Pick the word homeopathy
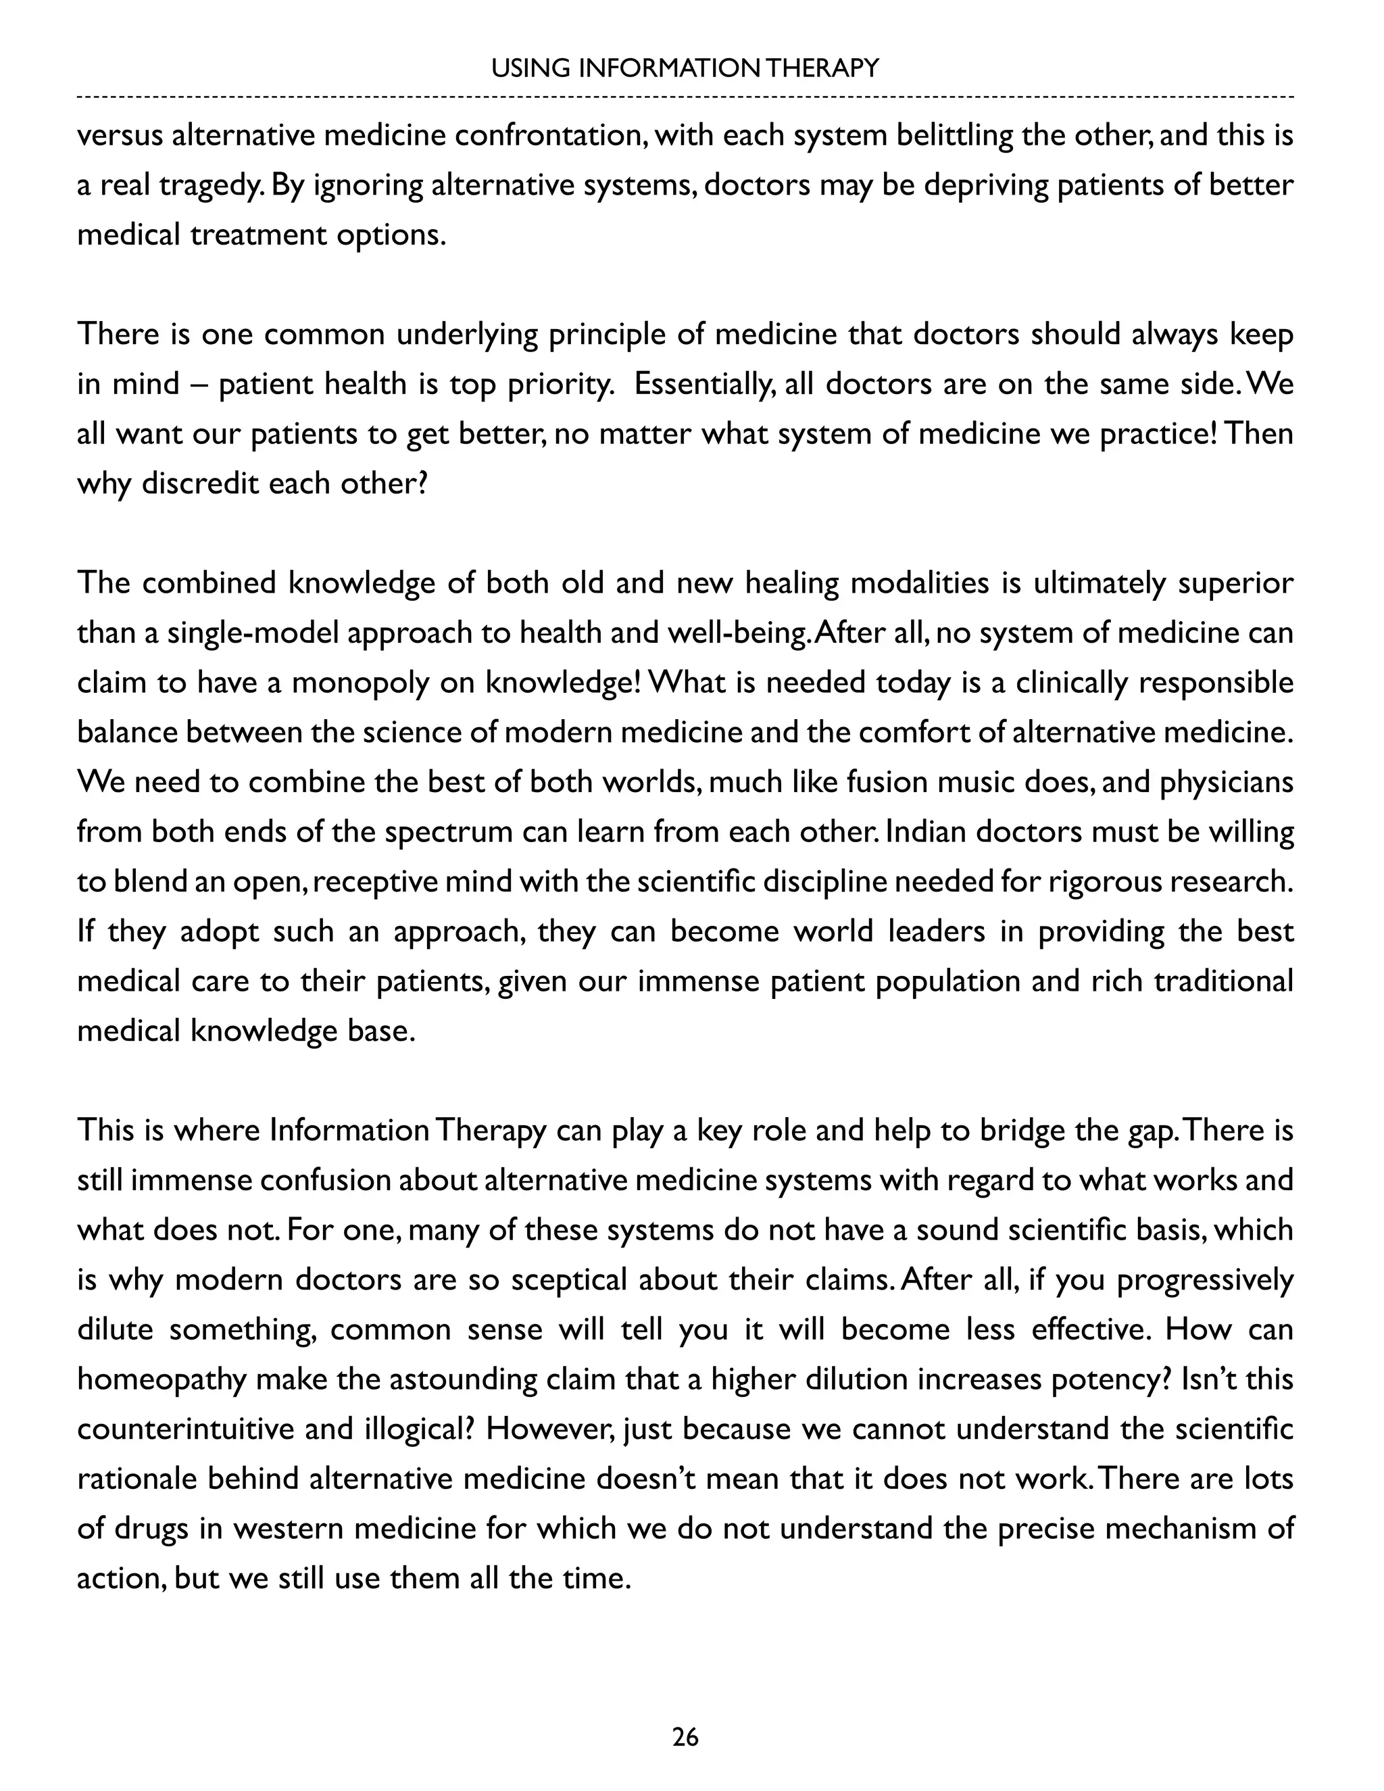[162, 1379]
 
